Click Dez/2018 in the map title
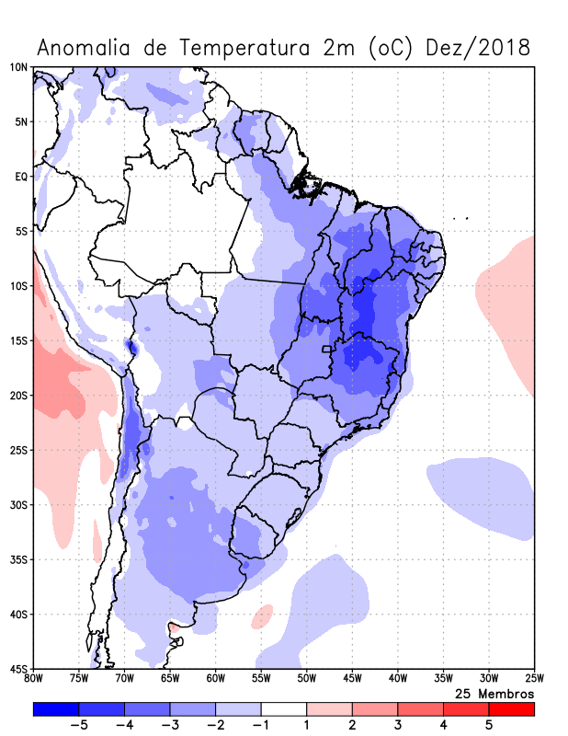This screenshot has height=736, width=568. (x=478, y=48)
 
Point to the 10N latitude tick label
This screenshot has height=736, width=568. (x=18, y=67)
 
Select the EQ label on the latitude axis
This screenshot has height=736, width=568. (x=20, y=177)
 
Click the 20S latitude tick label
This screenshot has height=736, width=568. (x=18, y=396)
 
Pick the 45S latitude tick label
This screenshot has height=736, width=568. (x=18, y=669)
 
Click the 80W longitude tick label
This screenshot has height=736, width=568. (x=34, y=679)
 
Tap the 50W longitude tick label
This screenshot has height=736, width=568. (x=307, y=679)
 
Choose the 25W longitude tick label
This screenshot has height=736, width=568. (x=534, y=679)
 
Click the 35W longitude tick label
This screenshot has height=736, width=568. (x=443, y=679)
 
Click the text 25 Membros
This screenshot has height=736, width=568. (x=494, y=693)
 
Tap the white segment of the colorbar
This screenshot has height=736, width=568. (x=284, y=709)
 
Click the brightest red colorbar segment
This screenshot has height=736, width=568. (x=511, y=709)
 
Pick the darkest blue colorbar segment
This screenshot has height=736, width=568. (x=56, y=709)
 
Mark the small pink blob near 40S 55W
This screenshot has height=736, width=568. (x=263, y=615)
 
